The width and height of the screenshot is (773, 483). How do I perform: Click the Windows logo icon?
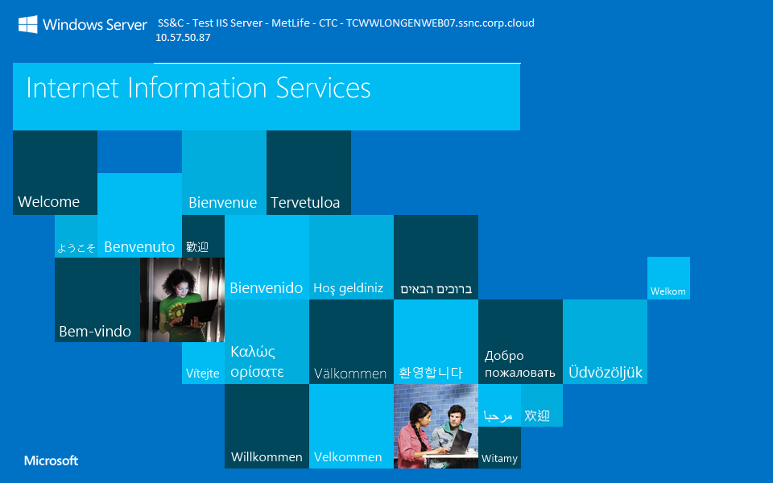tap(28, 25)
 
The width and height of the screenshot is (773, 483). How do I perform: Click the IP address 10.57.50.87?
tap(184, 37)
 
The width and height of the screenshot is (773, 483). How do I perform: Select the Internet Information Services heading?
tap(198, 88)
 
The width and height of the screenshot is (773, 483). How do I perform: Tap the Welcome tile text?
tap(48, 202)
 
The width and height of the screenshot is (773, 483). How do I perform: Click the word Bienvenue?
tap(222, 203)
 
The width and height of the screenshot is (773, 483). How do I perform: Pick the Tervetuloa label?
tap(305, 203)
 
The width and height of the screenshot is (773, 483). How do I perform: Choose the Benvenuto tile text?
tap(139, 247)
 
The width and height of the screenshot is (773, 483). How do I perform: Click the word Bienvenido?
tap(267, 288)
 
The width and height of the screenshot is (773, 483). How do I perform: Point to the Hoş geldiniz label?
tap(348, 288)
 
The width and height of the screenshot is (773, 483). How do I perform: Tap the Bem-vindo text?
tap(95, 332)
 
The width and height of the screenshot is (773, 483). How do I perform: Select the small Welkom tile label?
tap(668, 291)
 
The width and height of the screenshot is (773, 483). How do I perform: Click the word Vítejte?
tap(203, 374)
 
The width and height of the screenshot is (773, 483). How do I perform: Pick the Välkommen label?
tap(350, 374)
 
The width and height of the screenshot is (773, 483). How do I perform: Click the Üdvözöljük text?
tap(606, 373)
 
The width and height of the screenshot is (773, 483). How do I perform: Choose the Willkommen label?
tap(267, 457)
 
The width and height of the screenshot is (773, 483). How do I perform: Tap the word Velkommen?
tap(348, 457)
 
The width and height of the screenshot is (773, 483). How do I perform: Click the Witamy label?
tap(499, 459)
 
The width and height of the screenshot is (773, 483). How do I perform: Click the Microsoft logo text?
tap(52, 460)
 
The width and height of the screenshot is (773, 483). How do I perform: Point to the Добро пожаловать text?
tap(519, 364)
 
